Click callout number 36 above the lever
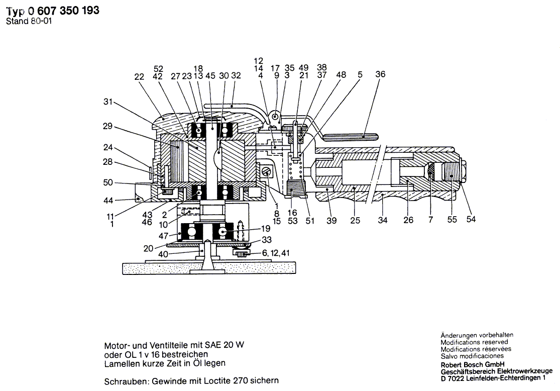click(x=380, y=74)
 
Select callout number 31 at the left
click(x=108, y=102)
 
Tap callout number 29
click(x=107, y=126)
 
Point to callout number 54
click(x=471, y=219)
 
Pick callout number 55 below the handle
click(x=452, y=220)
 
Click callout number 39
click(x=331, y=221)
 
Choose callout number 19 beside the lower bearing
click(x=266, y=228)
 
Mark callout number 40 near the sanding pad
click(x=163, y=254)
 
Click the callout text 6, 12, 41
click(x=276, y=253)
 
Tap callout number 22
click(x=139, y=77)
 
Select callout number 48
click(x=341, y=75)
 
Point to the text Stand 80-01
click(x=29, y=21)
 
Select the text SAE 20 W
click(x=225, y=345)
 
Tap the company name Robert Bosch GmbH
click(x=473, y=365)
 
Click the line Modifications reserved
click(x=474, y=342)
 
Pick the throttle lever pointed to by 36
click(x=350, y=136)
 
